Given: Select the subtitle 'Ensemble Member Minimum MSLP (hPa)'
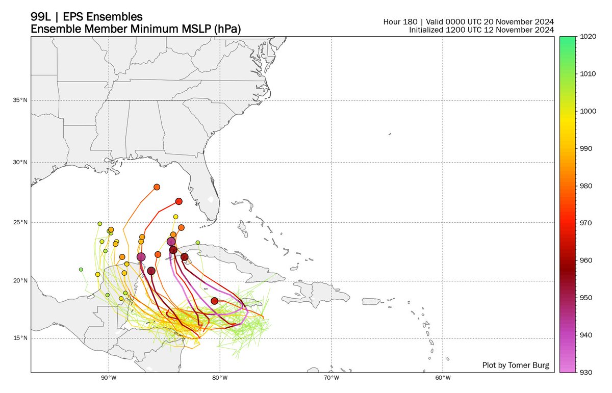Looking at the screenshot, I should coord(136,30).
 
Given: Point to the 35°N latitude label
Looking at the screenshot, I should coord(21,100).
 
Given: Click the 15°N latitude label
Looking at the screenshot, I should coord(21,338).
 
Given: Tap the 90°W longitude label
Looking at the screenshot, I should coord(108,379).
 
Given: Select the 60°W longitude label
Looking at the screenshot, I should coord(443,379).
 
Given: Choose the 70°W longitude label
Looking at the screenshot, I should coord(331,379).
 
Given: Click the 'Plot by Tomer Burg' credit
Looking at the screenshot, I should coord(516,365).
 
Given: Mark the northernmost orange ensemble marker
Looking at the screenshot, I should coord(157,187).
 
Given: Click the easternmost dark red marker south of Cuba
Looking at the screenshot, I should coord(215,301).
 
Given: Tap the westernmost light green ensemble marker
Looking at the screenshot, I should coord(81,269).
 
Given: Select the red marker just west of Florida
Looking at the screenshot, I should coord(178,201).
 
